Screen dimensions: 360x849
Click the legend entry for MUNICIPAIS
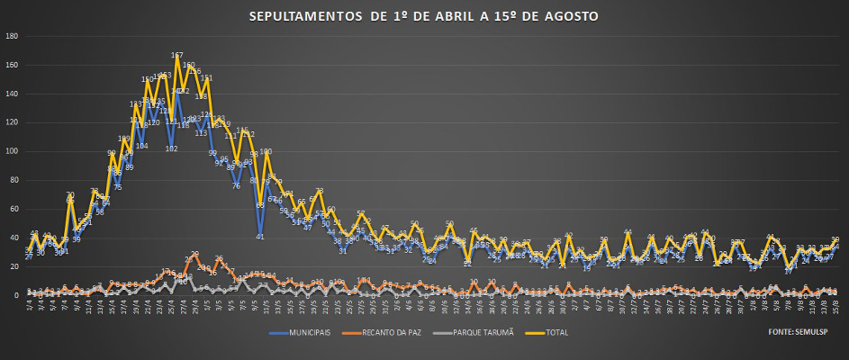tap(302, 332)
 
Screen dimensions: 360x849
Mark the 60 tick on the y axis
tap(13, 209)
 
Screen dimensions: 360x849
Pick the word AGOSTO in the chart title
tap(573, 17)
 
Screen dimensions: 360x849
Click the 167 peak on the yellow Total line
tap(177, 56)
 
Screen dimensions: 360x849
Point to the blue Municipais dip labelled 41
tap(260, 236)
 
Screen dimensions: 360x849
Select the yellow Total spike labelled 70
tap(70, 195)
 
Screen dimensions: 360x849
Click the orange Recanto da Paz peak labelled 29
tap(194, 254)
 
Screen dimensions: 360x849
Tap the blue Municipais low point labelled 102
tap(171, 148)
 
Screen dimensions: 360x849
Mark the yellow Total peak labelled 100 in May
tap(266, 152)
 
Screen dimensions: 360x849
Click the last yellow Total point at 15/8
tap(835, 239)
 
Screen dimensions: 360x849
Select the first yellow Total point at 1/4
tap(28, 252)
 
